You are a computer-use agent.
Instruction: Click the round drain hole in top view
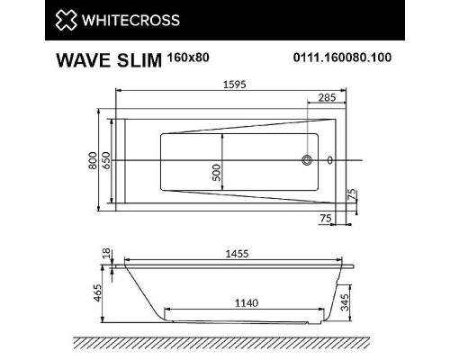(x=308, y=161)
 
